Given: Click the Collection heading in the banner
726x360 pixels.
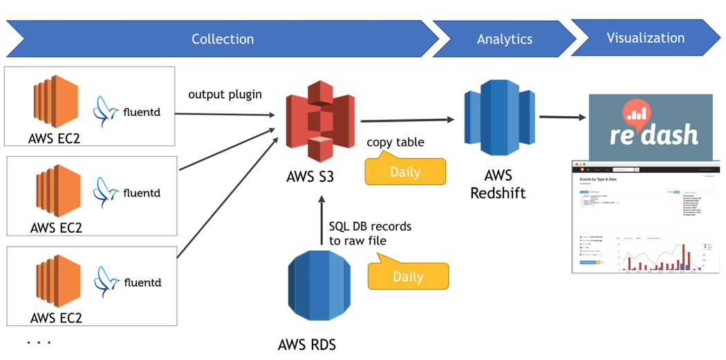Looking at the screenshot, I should click(x=223, y=39).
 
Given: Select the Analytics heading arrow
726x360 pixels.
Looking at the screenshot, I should click(x=504, y=39).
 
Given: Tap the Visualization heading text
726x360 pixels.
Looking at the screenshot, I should click(x=645, y=38).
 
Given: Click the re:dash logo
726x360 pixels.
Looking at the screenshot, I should click(x=650, y=127).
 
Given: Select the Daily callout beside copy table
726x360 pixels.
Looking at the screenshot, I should click(x=405, y=171).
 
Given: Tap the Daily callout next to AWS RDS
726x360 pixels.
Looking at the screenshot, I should click(x=408, y=276).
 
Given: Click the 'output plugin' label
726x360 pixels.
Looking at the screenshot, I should click(x=225, y=94).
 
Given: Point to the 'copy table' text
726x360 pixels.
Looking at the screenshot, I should click(x=395, y=142).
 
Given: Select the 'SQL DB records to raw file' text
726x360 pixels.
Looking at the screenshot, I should click(x=369, y=234).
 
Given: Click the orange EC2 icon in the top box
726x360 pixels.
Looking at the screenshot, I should click(x=56, y=103).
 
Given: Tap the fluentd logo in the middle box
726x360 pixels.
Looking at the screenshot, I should click(x=127, y=193).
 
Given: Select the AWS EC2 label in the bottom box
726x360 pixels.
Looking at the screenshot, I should click(x=56, y=318).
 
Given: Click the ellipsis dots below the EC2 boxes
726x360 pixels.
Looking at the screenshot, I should click(x=39, y=342).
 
